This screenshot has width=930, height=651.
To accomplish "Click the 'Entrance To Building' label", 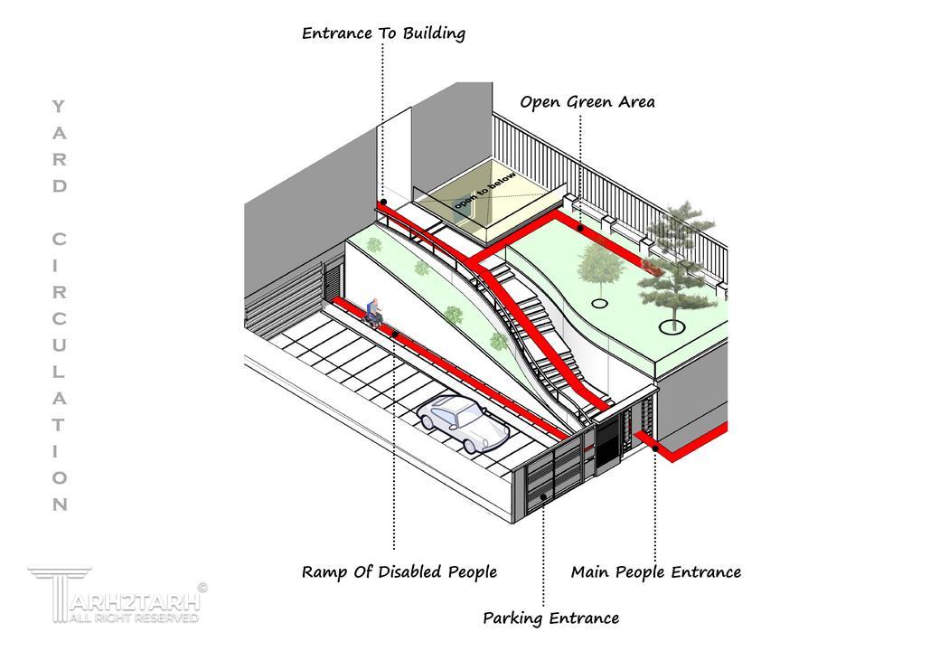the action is pos(384,33).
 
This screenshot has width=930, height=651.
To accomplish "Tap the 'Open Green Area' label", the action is pos(587,102).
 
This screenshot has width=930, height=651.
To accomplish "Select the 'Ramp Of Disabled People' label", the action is pos(399,572).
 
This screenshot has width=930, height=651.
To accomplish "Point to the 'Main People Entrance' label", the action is pos(656,572).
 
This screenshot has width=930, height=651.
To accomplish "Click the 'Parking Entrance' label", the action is pos(551,618).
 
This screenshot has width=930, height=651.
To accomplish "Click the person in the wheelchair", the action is pos(373,313).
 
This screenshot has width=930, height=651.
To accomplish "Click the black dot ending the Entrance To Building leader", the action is pos(384,203).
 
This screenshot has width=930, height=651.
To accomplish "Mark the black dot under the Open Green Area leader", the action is pos(580,229).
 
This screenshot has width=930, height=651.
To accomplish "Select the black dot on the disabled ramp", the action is pos(395,335).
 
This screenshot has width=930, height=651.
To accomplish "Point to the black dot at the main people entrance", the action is pos(655,448).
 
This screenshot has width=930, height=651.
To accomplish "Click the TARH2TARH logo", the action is pos(117,595).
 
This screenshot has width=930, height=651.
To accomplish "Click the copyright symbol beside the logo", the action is pos(202,588).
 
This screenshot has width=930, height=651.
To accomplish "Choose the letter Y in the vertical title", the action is pos(58,107).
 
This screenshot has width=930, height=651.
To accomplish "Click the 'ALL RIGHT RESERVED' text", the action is pos(134,618).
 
